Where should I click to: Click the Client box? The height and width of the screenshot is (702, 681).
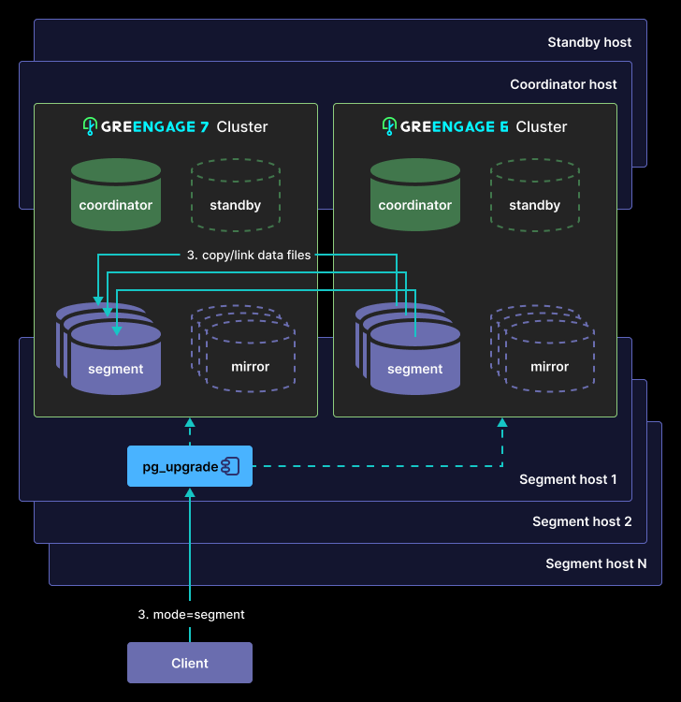190,663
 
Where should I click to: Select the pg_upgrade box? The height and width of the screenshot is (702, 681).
190,466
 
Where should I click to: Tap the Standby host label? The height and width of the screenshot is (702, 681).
589,42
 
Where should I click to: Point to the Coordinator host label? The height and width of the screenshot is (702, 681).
563,84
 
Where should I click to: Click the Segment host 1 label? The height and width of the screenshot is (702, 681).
568,479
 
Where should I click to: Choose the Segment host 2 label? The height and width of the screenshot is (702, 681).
582,521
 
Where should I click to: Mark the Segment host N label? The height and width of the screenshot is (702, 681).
596,563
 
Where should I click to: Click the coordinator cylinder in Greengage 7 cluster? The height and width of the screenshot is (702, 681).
116,195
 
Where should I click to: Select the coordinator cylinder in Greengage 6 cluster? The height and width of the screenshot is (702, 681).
415,195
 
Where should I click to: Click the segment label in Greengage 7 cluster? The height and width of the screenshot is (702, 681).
115,370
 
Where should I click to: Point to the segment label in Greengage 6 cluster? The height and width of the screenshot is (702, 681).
414,370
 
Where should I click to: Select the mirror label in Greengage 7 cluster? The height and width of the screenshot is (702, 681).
250,367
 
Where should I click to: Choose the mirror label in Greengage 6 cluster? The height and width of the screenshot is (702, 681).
549,367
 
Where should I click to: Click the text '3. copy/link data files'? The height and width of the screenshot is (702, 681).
248,256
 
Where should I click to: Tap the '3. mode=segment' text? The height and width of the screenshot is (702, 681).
191,614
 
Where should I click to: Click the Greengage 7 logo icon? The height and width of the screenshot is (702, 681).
90,126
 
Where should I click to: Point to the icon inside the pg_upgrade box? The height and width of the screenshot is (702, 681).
230,466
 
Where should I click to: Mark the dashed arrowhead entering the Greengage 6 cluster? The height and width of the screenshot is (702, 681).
502,422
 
